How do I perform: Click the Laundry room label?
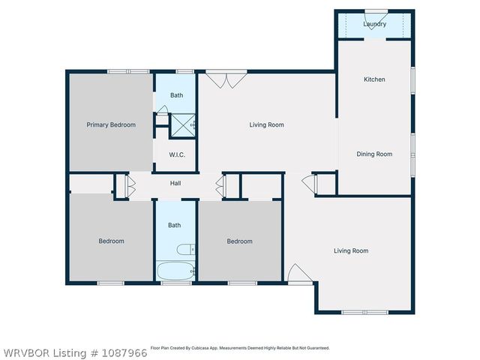point(374,24)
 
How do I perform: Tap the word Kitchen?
point(374,79)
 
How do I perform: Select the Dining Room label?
point(374,154)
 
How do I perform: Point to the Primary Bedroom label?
point(111,125)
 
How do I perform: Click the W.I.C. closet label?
point(177,155)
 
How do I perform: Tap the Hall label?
point(175,183)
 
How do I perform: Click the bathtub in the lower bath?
point(175,271)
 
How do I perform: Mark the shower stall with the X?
point(183,124)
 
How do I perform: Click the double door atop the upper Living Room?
point(226,78)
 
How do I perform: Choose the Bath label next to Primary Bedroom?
point(176,95)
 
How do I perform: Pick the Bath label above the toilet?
point(175,225)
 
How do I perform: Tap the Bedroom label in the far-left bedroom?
point(111,241)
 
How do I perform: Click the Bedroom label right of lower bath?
point(239,241)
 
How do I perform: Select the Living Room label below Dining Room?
point(351,251)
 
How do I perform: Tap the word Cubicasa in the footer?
point(226,348)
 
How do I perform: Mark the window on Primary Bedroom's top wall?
point(118,71)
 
